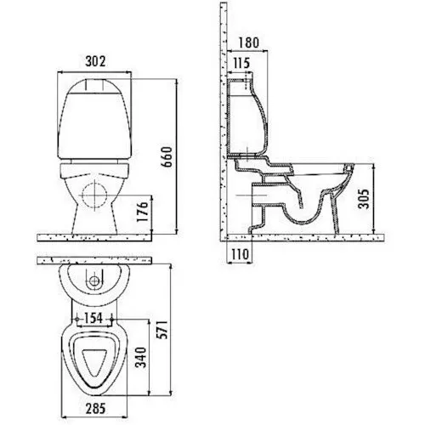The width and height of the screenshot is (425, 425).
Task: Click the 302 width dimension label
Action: click(95, 61)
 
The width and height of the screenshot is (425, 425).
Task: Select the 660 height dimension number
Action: click(167, 157)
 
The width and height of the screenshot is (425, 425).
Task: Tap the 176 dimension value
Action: click(143, 212)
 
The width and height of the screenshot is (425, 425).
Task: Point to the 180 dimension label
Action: click(248, 42)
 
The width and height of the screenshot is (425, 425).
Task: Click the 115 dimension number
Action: click(241, 63)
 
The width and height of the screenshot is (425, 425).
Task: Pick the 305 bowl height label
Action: click(365, 199)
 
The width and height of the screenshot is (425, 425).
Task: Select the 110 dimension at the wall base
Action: click(240, 254)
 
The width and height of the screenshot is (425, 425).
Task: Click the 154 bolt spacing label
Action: click(93, 318)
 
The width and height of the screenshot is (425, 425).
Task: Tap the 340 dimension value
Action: click(141, 357)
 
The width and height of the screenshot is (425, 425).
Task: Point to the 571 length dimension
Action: click(162, 330)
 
